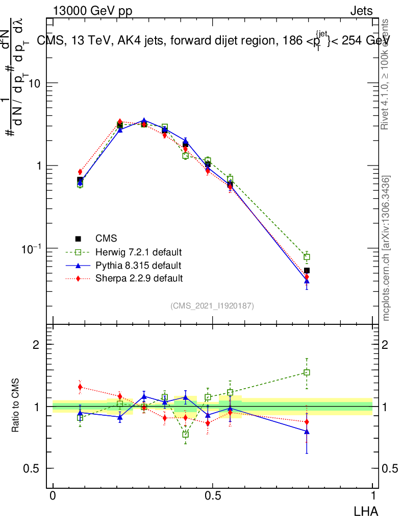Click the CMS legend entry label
click(106, 239)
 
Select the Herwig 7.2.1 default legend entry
click(138, 252)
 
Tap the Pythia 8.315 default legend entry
click(138, 266)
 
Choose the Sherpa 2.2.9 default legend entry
click(139, 279)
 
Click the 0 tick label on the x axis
click(53, 496)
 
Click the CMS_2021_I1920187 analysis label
click(212, 306)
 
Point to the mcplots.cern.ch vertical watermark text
click(386, 248)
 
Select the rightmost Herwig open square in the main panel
click(307, 257)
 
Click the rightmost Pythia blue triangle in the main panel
click(307, 281)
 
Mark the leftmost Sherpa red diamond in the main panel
click(80, 172)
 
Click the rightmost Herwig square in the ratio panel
click(307, 373)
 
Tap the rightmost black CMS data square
click(307, 271)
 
